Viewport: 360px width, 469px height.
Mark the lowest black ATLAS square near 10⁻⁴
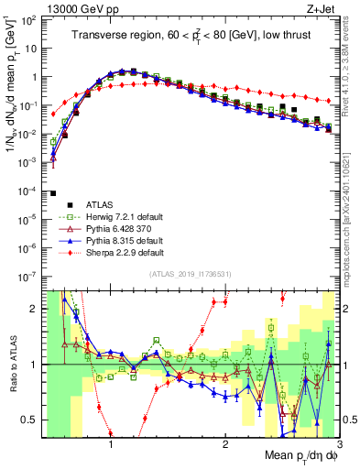coord(54,193)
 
